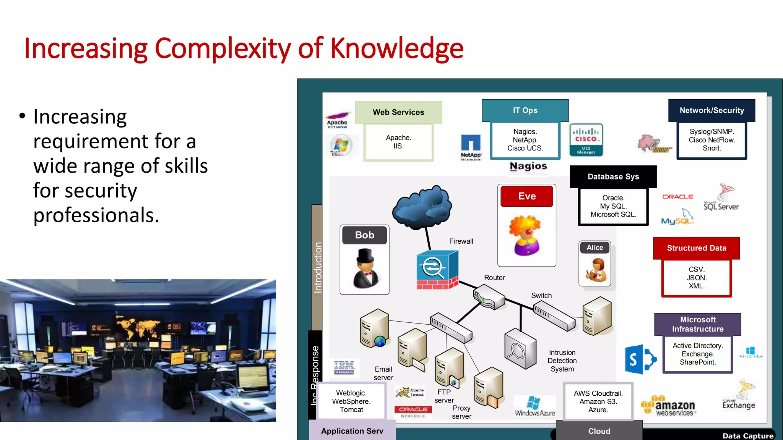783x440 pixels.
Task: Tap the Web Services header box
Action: click(x=398, y=112)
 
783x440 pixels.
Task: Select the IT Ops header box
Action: click(x=525, y=110)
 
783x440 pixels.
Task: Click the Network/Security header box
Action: click(x=712, y=110)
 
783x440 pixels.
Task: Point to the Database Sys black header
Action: click(x=613, y=176)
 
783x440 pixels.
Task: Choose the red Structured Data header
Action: click(x=696, y=248)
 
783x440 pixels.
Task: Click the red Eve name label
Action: click(x=527, y=196)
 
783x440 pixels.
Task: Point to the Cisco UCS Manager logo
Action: click(x=586, y=140)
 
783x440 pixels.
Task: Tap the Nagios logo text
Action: click(x=528, y=166)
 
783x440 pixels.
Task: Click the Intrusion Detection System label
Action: click(x=562, y=361)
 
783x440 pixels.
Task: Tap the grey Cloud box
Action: click(x=599, y=431)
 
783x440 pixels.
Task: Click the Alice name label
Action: click(x=595, y=247)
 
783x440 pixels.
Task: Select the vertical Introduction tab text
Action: click(x=318, y=267)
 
